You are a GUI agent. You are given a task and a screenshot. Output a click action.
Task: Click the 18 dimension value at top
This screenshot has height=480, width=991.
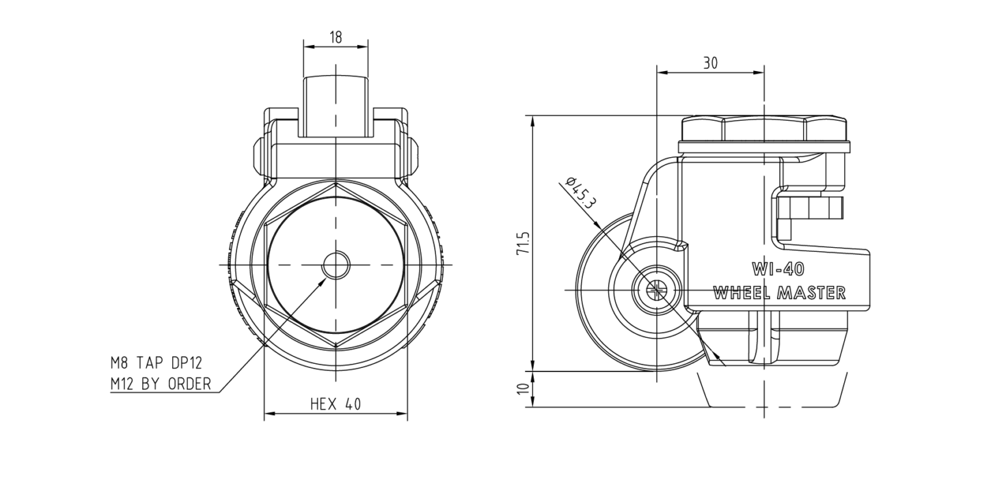(336, 37)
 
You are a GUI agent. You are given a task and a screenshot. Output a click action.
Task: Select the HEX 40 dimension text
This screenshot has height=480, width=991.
(336, 404)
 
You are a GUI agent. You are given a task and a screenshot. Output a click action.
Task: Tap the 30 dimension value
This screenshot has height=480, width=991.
(711, 63)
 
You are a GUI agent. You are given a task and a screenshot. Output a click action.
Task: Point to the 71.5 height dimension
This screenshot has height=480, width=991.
(522, 243)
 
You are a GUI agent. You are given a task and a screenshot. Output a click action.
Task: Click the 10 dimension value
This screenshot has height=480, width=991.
(522, 389)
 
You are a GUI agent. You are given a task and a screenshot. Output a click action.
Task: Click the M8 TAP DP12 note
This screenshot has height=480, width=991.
(157, 363)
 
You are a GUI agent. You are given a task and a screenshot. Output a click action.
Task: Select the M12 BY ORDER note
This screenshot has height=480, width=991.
(161, 384)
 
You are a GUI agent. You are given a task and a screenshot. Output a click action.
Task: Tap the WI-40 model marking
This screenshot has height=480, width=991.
(778, 269)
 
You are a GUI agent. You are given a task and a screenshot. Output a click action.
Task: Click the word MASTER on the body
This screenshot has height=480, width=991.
(811, 293)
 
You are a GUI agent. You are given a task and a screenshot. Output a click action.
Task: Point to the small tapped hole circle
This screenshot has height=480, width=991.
(336, 265)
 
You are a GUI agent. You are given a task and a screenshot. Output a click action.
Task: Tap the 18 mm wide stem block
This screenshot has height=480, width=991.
(336, 106)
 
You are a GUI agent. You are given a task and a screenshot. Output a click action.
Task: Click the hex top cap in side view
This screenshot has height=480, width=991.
(764, 128)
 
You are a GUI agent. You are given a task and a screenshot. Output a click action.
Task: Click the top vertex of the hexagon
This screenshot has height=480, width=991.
(336, 183)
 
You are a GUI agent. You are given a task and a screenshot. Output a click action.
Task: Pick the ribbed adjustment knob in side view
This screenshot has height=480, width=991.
(809, 208)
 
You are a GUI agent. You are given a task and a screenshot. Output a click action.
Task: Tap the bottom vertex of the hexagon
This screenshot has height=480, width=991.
(336, 348)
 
